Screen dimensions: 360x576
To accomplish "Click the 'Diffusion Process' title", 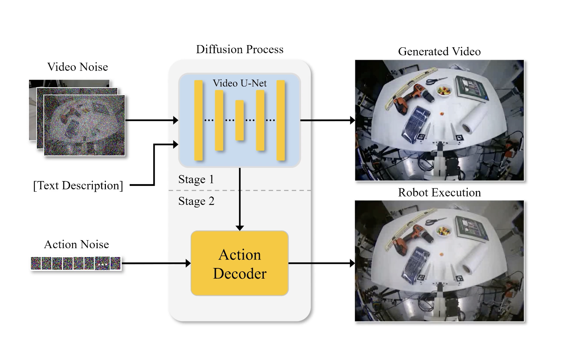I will point(240,49).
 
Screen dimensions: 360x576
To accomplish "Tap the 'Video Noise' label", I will point(78,67).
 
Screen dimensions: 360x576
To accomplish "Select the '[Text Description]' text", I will point(78,185).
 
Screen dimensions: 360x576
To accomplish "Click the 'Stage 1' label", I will point(196,179).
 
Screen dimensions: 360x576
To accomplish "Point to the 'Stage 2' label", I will point(196,201).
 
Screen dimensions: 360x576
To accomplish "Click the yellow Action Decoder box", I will point(240,264).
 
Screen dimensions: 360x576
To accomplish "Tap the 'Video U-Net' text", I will point(240,83).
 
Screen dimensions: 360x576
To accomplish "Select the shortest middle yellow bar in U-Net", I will point(240,120).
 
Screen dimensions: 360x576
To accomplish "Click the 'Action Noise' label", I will point(77,245).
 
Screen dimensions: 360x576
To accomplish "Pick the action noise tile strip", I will point(76,263).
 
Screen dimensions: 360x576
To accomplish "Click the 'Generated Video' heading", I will point(439,52).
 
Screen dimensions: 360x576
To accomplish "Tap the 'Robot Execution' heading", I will point(439,193).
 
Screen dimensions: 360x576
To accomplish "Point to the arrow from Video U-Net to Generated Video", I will point(328,120).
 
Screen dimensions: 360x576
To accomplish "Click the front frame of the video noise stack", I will point(84,125).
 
